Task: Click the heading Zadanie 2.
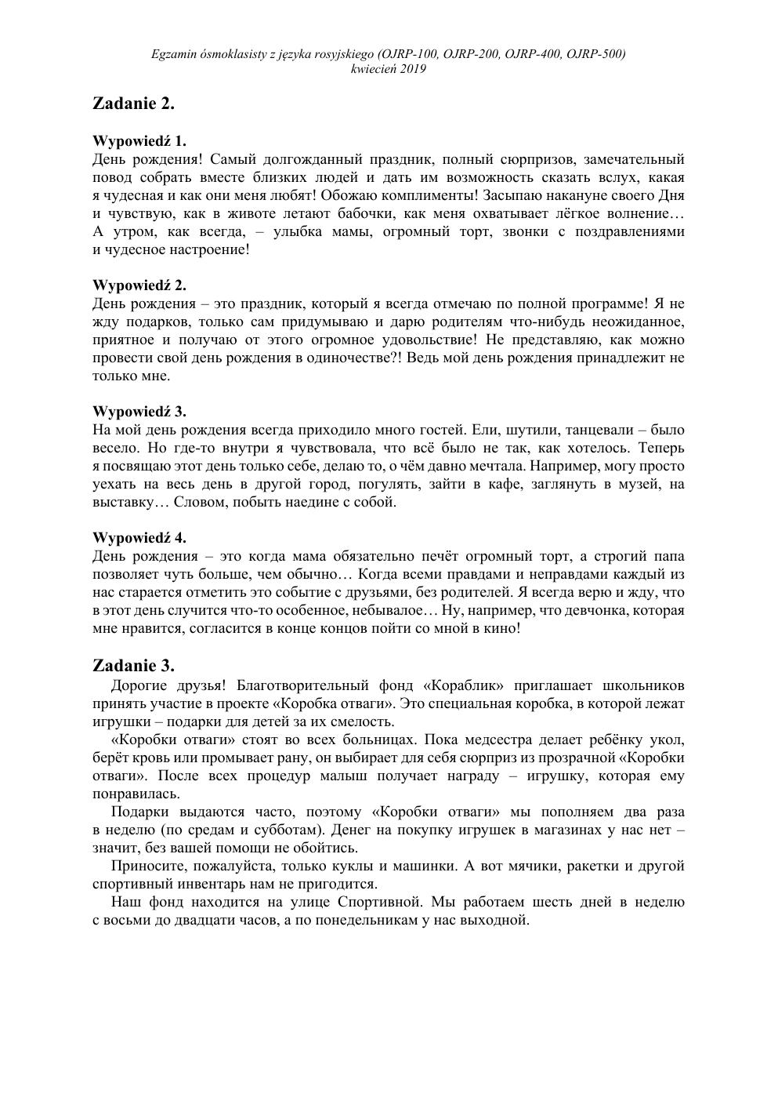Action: point(133,104)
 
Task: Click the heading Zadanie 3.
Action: point(133,666)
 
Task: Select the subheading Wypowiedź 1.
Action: point(139,141)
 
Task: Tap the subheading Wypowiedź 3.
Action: point(139,412)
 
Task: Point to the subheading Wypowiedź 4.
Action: point(139,538)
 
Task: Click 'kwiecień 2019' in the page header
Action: point(389,69)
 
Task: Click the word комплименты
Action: point(429,195)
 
